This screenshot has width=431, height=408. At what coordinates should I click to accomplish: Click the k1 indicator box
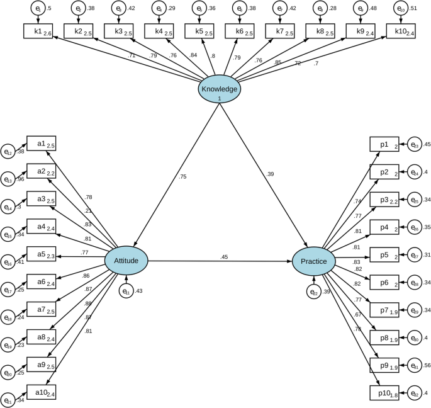(38, 31)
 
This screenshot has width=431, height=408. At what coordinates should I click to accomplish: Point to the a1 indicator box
(41, 144)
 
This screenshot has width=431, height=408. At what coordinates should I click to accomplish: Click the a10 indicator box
(41, 392)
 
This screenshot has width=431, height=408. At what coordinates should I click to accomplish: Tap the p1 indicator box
(384, 145)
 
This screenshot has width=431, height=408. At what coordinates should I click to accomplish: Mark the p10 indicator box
(384, 393)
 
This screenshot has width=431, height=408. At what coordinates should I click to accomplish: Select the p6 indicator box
(384, 283)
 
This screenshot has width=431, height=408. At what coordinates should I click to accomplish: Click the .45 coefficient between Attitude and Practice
(223, 256)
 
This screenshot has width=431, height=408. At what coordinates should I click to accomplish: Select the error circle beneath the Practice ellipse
(314, 291)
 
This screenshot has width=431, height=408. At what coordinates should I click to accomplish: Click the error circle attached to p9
(415, 365)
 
